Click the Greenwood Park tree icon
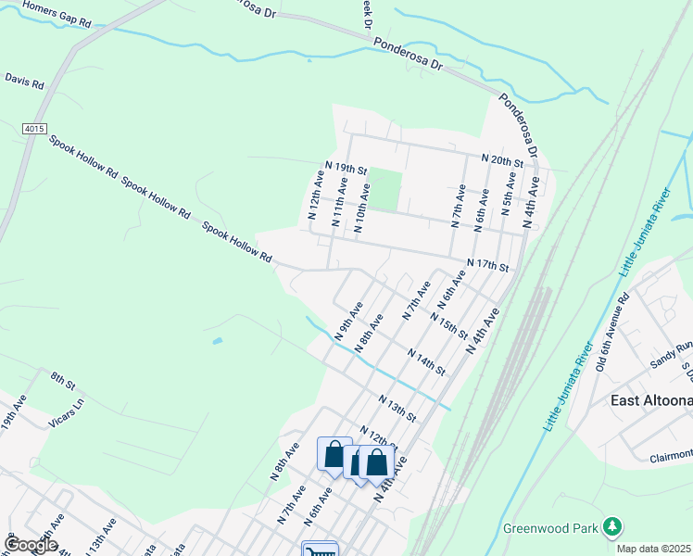click(x=611, y=527)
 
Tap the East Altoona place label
click(x=651, y=400)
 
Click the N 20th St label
click(x=502, y=160)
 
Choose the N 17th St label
click(x=488, y=265)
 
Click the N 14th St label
click(x=426, y=361)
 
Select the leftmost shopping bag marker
click(x=334, y=454)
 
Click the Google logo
click(x=31, y=545)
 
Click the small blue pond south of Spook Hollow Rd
click(x=217, y=341)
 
